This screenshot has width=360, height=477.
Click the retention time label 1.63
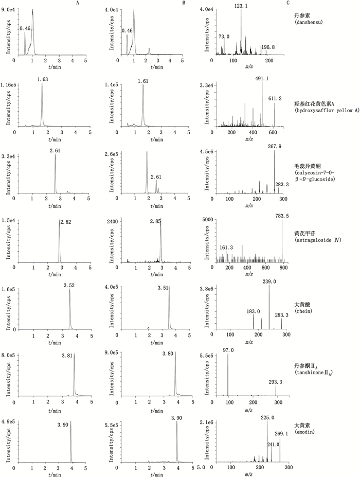[x=42, y=79]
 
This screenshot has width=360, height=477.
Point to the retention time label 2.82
[x=65, y=222]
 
